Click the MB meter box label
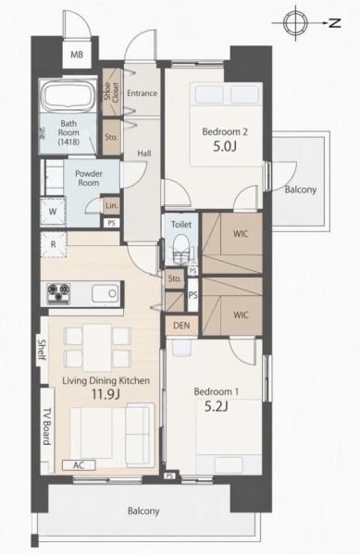point(77,55)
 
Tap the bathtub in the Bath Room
point(68,96)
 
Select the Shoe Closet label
point(111,92)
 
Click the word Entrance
point(142,93)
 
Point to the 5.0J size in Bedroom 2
point(225,146)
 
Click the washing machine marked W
point(53,212)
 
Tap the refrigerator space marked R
point(53,244)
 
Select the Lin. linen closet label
point(112,205)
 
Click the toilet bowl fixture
point(181,248)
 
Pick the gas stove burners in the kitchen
point(58,293)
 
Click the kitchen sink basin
point(105,293)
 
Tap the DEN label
point(181,326)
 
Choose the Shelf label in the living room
point(43,350)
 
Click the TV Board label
point(47,426)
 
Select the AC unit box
point(79,465)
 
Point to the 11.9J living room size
point(106,394)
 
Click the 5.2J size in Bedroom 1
point(216,406)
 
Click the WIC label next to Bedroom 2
point(241,234)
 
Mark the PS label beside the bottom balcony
point(170,476)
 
